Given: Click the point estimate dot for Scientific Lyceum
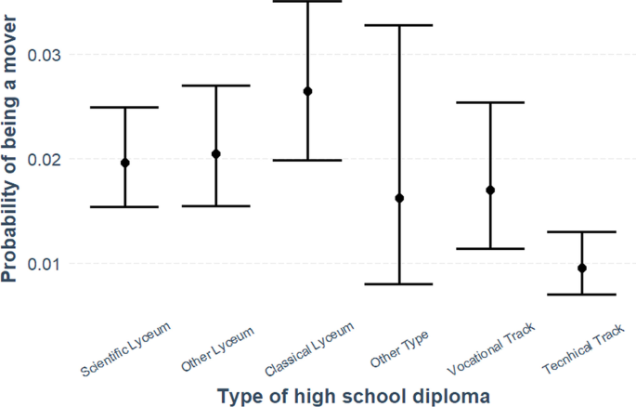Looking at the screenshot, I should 125,163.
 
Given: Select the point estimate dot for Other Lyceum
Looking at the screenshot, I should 216,153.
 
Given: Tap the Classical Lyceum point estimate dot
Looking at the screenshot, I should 307,91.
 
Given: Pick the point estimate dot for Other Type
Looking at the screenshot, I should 399,198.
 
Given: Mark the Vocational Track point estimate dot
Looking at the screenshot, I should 490,190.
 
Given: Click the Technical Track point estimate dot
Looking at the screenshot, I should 581,268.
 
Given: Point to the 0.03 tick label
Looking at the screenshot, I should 45,55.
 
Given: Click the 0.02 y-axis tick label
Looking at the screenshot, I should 45,159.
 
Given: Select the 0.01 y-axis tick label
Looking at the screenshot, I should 45,264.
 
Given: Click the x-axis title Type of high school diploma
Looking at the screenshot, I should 353,396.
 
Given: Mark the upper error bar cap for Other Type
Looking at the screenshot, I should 399,25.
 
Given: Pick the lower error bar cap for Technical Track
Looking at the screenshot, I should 581,295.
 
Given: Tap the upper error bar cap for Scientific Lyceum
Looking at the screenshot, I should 125,107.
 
